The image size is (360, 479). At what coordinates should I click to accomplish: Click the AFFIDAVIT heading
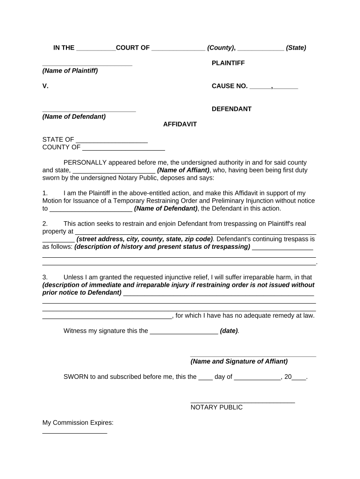[x=180, y=124]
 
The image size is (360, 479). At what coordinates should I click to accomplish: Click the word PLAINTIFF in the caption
[x=228, y=63]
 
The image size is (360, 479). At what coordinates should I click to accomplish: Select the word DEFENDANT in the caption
[x=231, y=109]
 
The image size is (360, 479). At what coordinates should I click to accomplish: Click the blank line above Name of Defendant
[x=89, y=110]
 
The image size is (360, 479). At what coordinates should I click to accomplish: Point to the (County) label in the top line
[x=221, y=48]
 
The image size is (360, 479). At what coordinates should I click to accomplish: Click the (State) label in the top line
[x=296, y=48]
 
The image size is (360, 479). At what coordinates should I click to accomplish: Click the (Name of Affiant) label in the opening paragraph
[x=183, y=170]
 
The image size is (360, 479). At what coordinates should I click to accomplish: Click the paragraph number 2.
[x=45, y=224]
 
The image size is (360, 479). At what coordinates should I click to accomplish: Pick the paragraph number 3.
[x=45, y=277]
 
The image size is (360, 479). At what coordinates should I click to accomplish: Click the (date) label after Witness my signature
[x=229, y=331]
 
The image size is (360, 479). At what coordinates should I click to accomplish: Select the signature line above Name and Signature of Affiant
[x=253, y=356]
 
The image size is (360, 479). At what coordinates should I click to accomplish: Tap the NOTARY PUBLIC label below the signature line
[x=216, y=407]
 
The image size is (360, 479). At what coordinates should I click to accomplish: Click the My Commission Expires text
[x=78, y=423]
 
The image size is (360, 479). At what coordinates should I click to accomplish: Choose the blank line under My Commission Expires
[x=75, y=433]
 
